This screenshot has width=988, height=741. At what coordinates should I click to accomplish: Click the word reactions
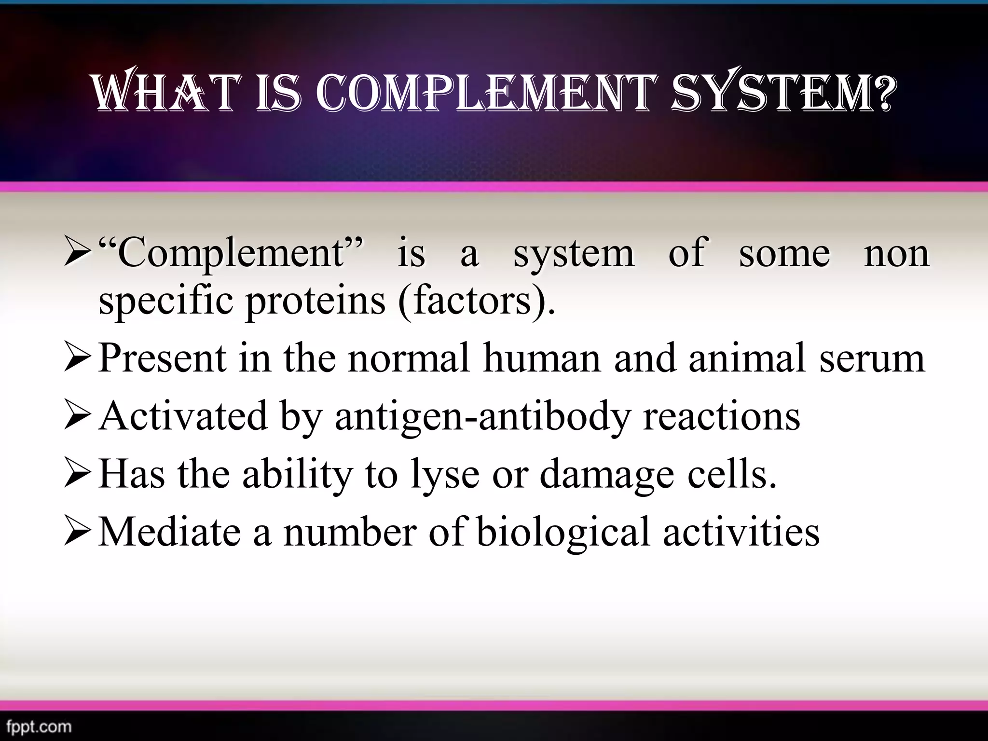point(722,416)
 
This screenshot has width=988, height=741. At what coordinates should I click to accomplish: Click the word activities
point(741,532)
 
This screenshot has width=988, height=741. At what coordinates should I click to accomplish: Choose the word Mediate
point(169,532)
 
